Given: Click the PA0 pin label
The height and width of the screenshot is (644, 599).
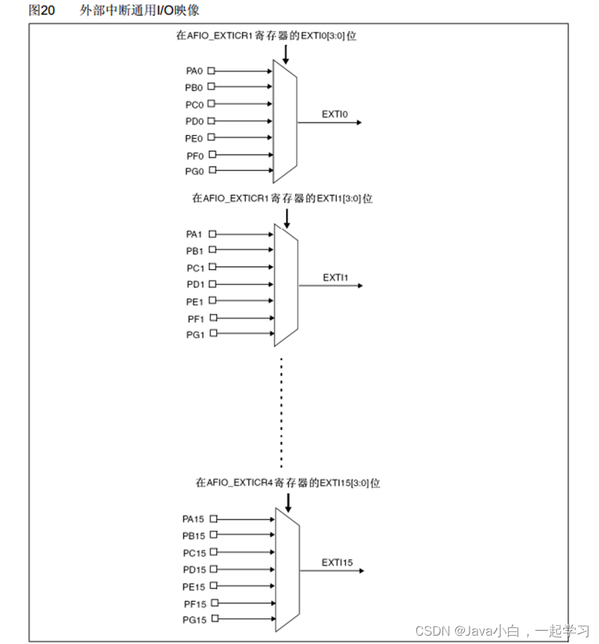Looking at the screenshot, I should point(194,71).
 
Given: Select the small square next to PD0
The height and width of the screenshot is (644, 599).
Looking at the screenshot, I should point(212,121).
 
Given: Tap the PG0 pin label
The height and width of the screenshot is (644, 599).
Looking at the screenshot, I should point(194,171).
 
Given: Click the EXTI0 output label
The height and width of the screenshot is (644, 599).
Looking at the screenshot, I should point(334,113).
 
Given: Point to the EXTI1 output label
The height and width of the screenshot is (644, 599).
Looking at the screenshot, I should point(335,277).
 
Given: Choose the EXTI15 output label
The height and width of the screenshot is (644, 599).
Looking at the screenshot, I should point(337,562).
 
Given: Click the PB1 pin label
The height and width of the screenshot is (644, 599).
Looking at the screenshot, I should point(194,251).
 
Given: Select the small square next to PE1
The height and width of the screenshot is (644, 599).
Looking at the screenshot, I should point(212,302).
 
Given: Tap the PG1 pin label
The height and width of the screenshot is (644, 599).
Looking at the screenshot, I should point(194,335).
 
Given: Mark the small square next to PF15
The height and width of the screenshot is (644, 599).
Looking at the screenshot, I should point(214,603).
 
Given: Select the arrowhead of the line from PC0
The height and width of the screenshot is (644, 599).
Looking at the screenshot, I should point(269,104).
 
